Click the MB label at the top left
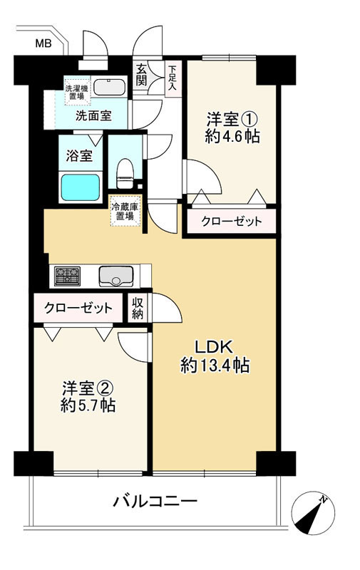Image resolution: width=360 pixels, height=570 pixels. tap(43, 43)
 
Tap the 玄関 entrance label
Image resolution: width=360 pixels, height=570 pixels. tap(141, 76)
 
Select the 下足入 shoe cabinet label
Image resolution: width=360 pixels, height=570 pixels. tap(172, 78)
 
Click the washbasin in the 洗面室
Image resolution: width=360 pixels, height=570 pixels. tap(110, 86)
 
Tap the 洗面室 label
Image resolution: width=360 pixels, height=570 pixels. tap(93, 115)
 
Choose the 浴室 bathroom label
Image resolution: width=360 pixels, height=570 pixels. tap(79, 156)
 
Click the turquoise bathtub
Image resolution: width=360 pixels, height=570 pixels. tap(81, 187)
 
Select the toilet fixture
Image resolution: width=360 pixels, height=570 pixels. tap(125, 173)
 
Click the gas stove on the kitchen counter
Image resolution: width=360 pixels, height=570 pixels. tap(67, 276)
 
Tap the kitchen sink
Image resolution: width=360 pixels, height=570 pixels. tap(116, 276)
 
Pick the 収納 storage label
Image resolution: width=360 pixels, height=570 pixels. tap(138, 308)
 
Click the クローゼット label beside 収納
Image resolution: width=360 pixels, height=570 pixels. tap(78, 309)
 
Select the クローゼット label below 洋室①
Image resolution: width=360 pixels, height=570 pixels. tap(231, 221)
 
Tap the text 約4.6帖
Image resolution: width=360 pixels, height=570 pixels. tap(232, 136)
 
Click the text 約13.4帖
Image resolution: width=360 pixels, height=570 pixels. tap(215, 365)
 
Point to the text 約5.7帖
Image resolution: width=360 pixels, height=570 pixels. tap(88, 405)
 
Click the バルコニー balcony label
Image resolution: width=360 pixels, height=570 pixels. tap(155, 502)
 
